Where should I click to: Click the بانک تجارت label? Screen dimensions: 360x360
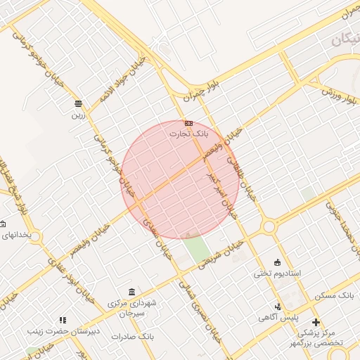click(x=189, y=133)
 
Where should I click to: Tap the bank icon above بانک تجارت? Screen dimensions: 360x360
click(x=188, y=123)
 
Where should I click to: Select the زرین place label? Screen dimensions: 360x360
click(x=77, y=115)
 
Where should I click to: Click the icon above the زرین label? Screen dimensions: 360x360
click(x=77, y=103)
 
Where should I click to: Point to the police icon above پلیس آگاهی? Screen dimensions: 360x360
click(x=279, y=307)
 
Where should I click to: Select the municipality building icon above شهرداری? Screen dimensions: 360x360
click(x=131, y=292)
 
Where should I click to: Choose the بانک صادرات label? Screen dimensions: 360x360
click(x=132, y=337)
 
